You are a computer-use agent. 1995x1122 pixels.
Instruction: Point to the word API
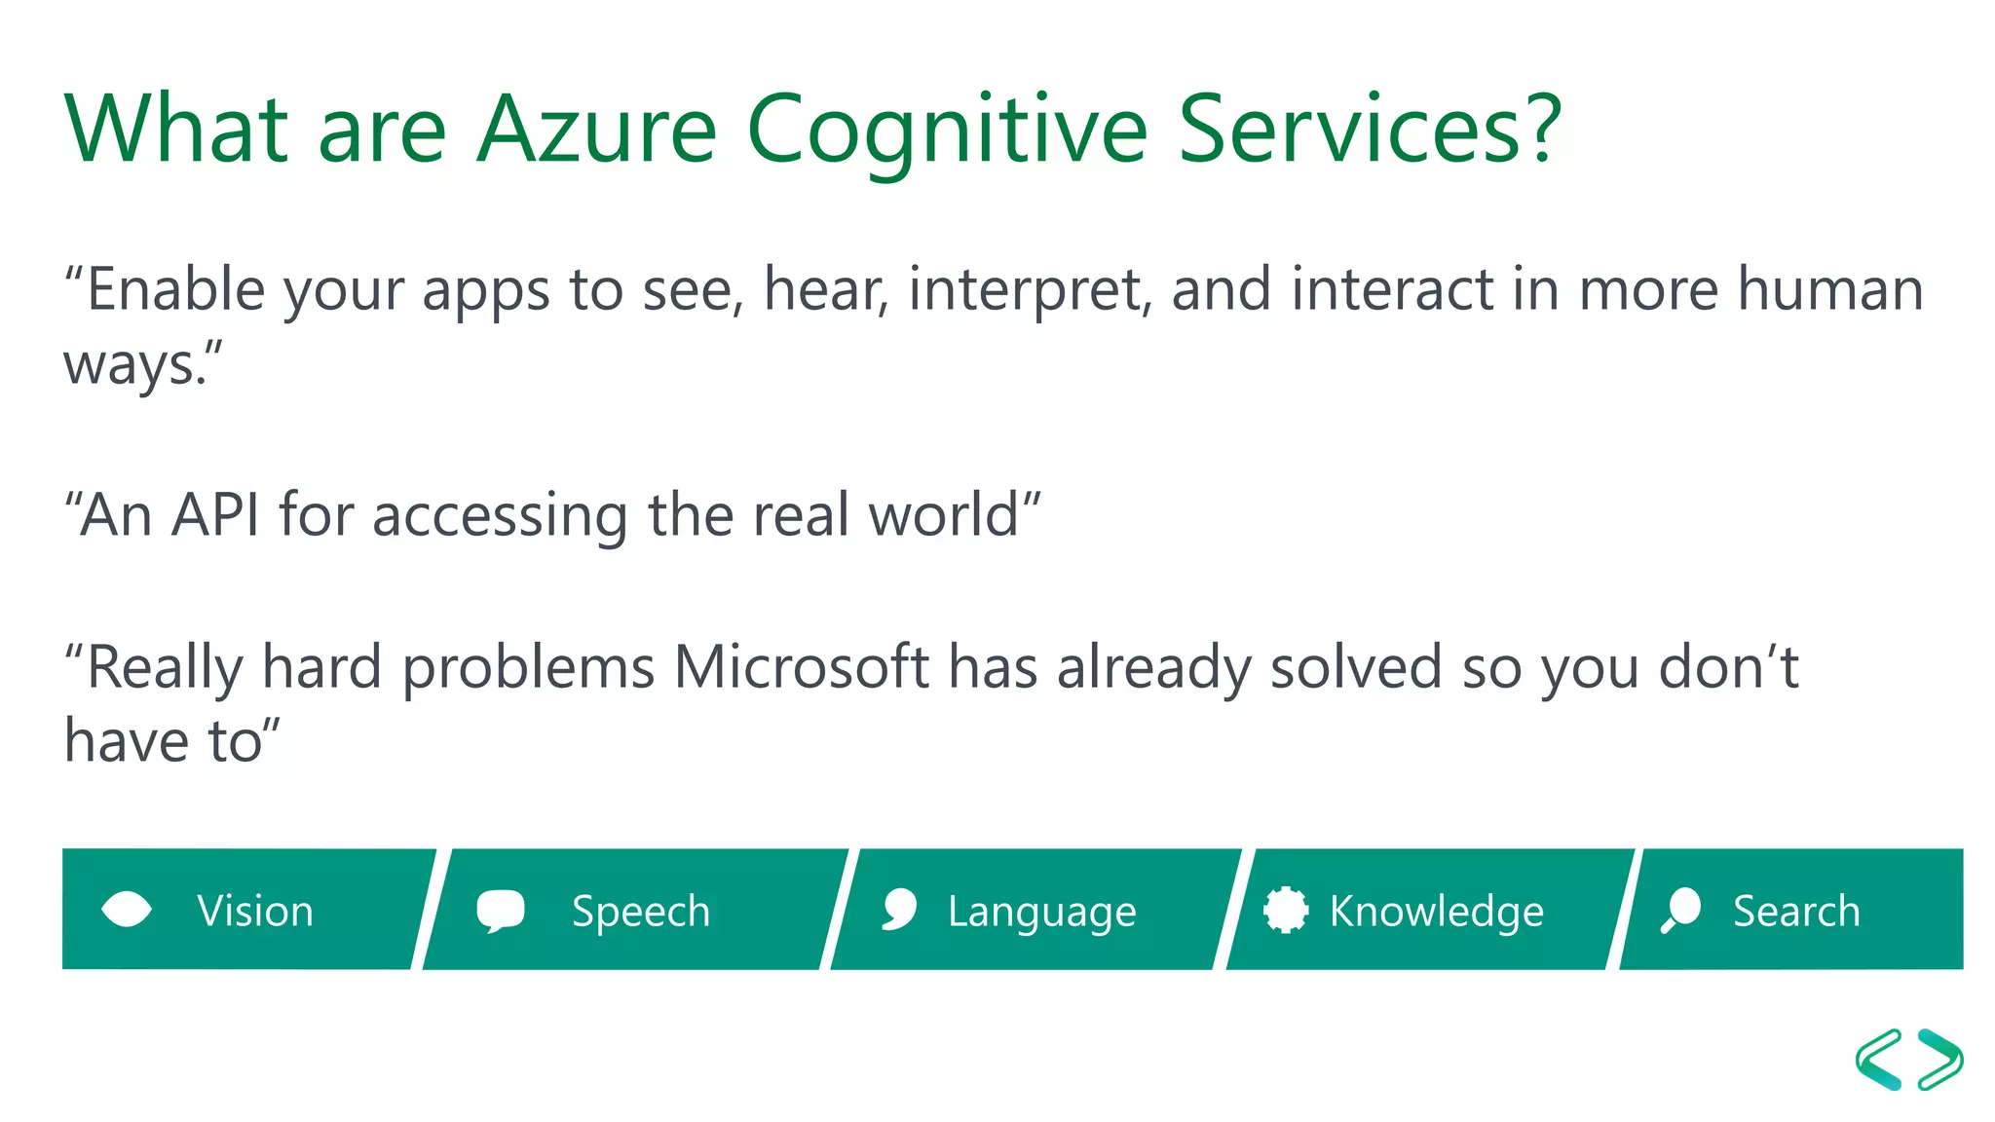(x=215, y=515)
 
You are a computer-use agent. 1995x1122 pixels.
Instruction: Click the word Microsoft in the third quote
(x=801, y=668)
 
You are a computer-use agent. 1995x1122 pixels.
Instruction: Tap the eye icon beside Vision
(x=127, y=910)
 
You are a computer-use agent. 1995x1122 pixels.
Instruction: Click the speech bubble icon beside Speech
(x=501, y=911)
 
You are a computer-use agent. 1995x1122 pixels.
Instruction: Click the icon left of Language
(x=899, y=910)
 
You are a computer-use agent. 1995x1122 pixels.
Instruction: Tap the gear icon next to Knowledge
(x=1285, y=910)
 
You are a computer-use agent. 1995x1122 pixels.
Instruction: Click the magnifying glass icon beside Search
(x=1680, y=910)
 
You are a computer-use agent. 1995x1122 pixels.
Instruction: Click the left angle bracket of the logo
(x=1879, y=1059)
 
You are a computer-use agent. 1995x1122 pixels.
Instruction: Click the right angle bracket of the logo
(x=1940, y=1059)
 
